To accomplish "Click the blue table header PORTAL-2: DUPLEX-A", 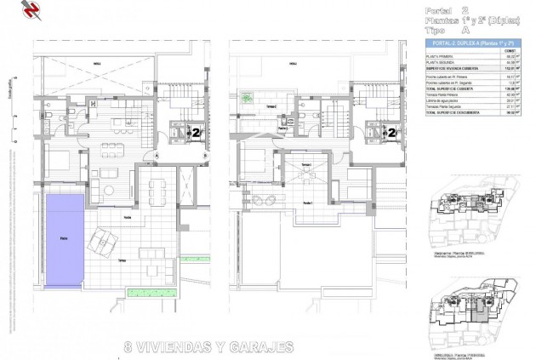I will tap(476, 42).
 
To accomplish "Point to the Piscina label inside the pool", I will tap(52, 241).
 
